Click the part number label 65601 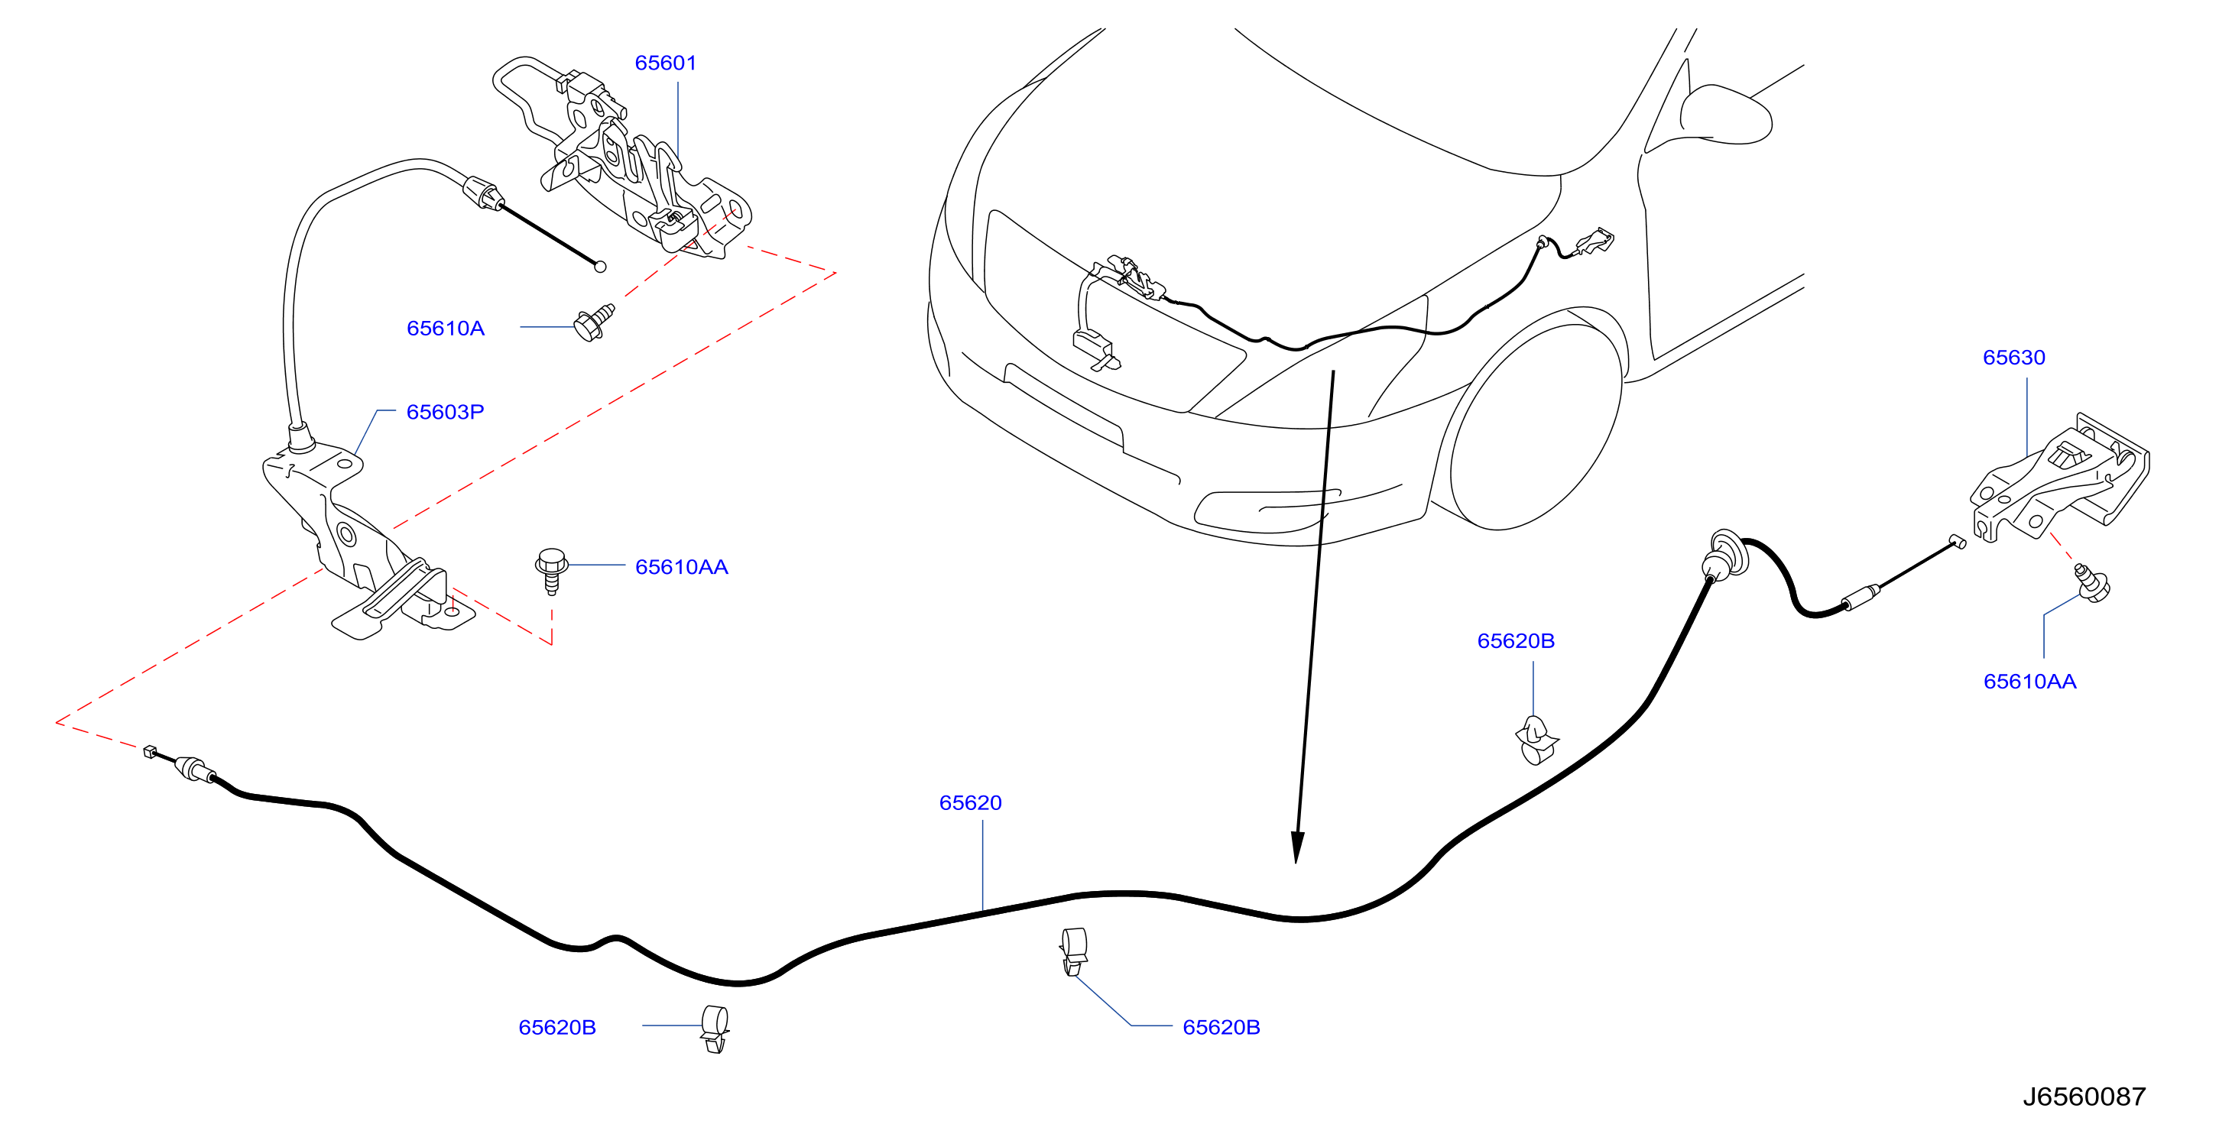click(666, 63)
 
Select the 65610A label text click(446, 329)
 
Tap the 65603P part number click(446, 412)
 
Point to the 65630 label click(2013, 357)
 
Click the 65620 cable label click(971, 802)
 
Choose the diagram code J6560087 click(2084, 1097)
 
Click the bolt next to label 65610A click(595, 322)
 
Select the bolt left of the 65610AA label click(551, 570)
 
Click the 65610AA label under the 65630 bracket click(2029, 681)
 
